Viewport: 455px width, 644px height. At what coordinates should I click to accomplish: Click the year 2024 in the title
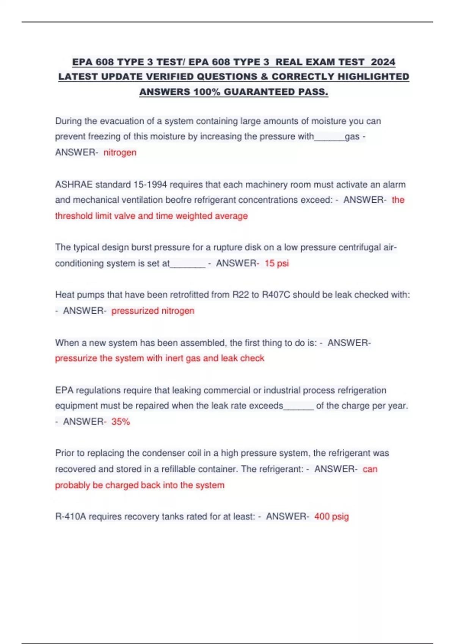point(383,62)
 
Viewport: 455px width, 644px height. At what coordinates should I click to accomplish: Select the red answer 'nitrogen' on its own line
point(120,152)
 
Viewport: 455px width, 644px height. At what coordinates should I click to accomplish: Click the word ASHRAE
point(74,184)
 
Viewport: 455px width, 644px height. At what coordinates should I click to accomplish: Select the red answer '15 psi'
point(276,263)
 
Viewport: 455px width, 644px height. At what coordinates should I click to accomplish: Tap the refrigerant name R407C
point(276,295)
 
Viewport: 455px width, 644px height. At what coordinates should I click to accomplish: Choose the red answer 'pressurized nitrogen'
point(153,311)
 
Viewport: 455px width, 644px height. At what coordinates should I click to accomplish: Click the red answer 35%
point(121,422)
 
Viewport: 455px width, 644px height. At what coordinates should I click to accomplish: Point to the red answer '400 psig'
point(331,516)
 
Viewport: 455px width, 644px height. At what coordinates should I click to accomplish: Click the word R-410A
point(71,516)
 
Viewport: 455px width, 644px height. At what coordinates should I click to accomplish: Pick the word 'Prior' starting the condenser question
point(65,453)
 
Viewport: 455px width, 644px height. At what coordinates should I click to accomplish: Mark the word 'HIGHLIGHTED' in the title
point(373,77)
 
